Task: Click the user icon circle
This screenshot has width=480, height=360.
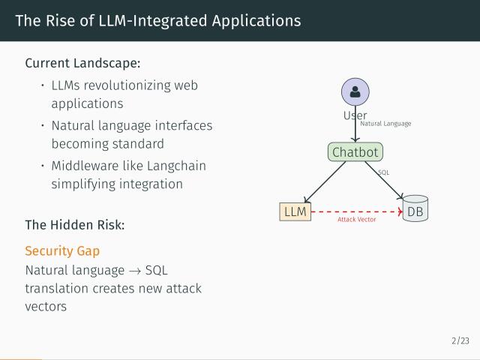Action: coord(355,93)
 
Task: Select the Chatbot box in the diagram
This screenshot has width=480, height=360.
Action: coord(355,152)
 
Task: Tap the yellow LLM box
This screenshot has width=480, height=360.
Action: coord(295,211)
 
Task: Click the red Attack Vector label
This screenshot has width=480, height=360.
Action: coord(356,220)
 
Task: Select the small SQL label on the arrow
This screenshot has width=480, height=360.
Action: coord(383,172)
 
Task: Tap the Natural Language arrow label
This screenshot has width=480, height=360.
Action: coord(385,124)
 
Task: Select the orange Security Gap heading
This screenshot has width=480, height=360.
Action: coord(62,251)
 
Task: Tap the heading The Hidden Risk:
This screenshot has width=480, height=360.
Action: coord(74,224)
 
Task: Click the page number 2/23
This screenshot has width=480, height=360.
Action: coord(460,341)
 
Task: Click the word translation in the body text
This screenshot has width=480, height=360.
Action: coord(58,288)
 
